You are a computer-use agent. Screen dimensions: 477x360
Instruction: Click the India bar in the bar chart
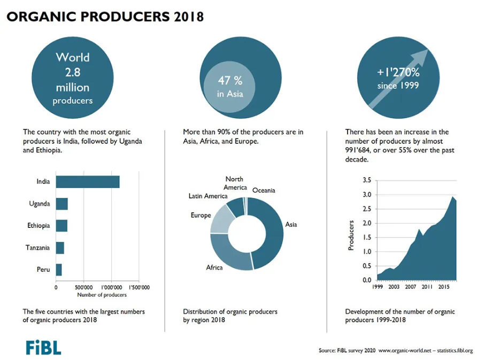[x=88, y=182]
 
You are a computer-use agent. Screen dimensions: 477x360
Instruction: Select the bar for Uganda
[x=61, y=204]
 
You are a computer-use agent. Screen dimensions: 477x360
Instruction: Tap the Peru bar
[x=59, y=270]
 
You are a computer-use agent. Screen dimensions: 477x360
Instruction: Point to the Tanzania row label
[x=37, y=248]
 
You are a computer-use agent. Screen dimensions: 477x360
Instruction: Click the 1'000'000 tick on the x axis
[x=111, y=287]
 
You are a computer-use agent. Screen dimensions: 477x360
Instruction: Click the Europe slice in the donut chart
[x=221, y=220]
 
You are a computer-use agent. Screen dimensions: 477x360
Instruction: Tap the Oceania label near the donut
[x=264, y=190]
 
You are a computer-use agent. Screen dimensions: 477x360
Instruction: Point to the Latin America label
[x=208, y=196]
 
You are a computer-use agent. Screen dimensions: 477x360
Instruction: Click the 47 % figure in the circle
[x=230, y=81]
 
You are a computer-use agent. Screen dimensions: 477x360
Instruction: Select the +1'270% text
[x=398, y=72]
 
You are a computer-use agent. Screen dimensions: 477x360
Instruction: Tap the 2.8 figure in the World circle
[x=73, y=72]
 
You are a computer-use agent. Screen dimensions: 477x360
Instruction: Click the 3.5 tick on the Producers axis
[x=367, y=180]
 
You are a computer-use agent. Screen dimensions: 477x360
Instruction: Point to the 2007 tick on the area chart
[x=410, y=287]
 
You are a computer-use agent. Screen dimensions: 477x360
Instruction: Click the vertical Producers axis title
[x=351, y=235]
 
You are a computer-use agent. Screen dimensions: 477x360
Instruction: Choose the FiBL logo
[x=43, y=348]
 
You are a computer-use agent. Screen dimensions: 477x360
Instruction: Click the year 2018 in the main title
[x=189, y=17]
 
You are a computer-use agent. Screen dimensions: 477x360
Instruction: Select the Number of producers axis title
[x=102, y=295]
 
